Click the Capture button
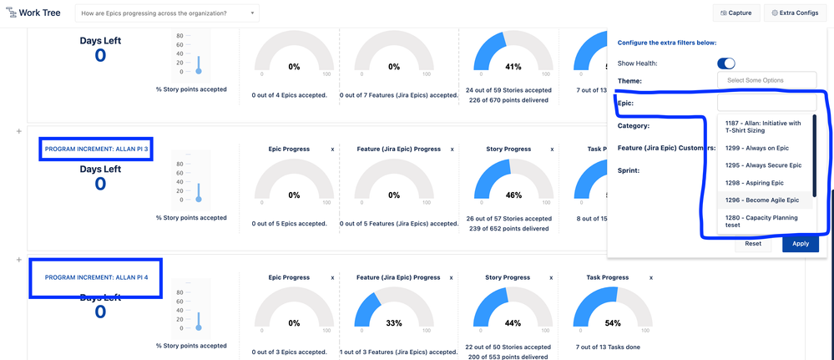735,13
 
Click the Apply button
800,243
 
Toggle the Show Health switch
726,63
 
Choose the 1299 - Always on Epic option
757,148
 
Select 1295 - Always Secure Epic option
762,165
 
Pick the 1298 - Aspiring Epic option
756,183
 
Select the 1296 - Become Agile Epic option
762,200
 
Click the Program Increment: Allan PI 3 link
96,150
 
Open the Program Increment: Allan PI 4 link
96,277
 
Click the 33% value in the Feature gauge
394,323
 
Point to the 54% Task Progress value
612,323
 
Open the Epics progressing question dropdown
167,13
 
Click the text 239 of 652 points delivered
508,229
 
